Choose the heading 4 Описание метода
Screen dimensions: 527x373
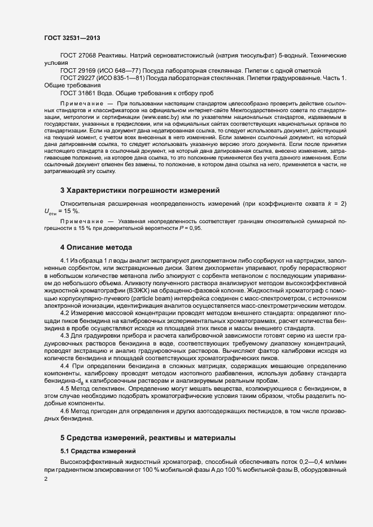coord(96,247)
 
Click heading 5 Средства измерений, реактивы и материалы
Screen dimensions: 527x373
coord(153,438)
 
